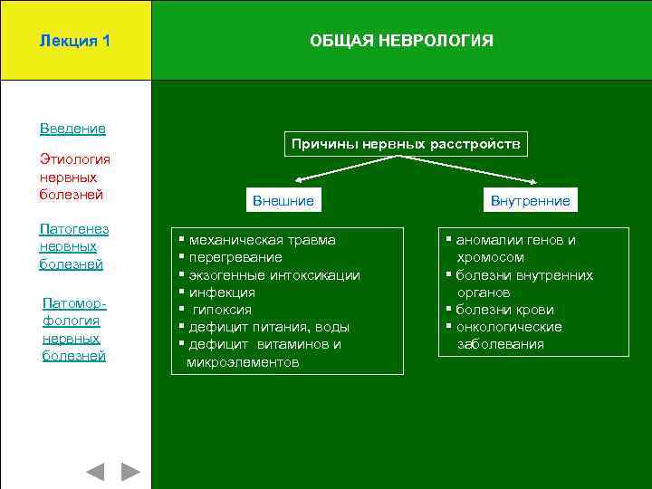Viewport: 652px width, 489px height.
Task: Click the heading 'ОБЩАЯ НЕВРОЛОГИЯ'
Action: tap(401, 42)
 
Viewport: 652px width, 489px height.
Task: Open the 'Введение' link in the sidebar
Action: tap(72, 129)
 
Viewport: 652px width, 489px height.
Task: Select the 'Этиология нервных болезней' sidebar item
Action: tap(72, 177)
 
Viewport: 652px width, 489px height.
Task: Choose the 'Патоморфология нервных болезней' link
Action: tap(74, 329)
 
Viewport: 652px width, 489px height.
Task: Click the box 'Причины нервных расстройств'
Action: tap(405, 144)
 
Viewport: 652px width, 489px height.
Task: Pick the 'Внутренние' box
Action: tap(530, 200)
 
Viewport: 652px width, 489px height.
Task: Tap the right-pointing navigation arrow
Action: tap(131, 472)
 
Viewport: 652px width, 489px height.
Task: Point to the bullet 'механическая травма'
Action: tap(262, 240)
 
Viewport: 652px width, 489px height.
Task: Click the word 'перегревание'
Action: tap(235, 257)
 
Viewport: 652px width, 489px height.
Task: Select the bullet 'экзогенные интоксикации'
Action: tap(273, 275)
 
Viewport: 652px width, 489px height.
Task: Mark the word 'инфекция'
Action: tap(222, 292)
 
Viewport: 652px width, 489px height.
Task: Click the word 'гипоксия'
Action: tap(223, 310)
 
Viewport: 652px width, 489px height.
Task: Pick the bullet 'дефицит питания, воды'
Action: tap(268, 327)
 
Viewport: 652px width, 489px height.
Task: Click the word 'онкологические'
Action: tap(509, 327)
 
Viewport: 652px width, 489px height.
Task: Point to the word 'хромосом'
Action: tap(490, 257)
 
